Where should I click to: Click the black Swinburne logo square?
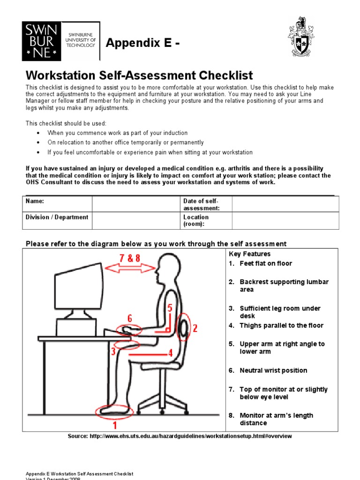(42, 40)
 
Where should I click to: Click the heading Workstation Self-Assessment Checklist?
(139, 75)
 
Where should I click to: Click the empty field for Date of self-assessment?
(285, 204)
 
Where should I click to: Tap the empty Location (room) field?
(285, 220)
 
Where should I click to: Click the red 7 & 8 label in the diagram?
(129, 258)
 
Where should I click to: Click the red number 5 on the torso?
(170, 308)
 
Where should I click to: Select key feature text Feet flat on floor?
(265, 263)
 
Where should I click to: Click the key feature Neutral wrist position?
(273, 370)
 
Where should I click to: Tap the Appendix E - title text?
(142, 44)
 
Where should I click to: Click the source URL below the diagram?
(180, 436)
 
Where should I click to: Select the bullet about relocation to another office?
(126, 142)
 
